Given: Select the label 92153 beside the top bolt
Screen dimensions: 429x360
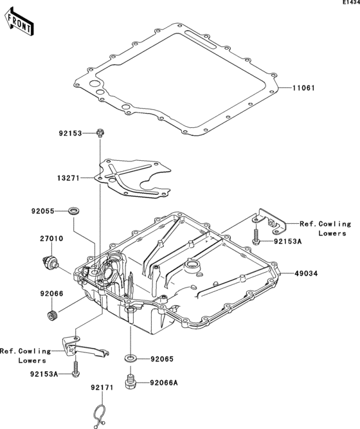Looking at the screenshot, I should (71, 134).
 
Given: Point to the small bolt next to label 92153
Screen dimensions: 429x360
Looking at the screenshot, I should (100, 133).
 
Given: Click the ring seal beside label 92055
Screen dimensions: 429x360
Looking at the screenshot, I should (76, 210).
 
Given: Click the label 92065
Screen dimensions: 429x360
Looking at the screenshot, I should (163, 358).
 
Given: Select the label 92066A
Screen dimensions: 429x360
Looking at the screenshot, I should (165, 383).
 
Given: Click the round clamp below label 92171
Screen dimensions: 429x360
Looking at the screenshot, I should (98, 414).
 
